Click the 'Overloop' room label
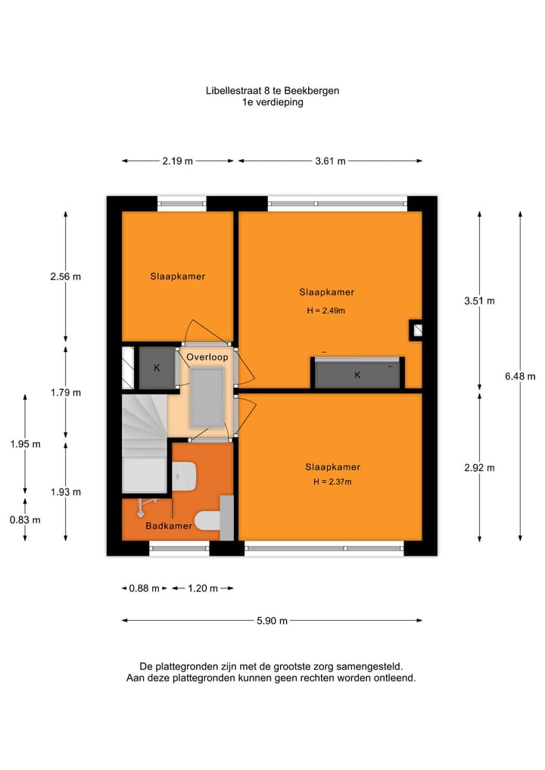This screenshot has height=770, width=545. pyautogui.click(x=207, y=356)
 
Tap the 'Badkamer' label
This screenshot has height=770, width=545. pyautogui.click(x=169, y=525)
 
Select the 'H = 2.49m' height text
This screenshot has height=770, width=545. pyautogui.click(x=326, y=310)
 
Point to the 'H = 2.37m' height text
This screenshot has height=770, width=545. pyautogui.click(x=332, y=482)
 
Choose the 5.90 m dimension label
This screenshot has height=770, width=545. pyautogui.click(x=272, y=621)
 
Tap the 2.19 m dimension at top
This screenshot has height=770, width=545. pyautogui.click(x=177, y=161)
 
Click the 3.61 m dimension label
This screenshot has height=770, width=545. pyautogui.click(x=330, y=161)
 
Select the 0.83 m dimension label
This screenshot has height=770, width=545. pyautogui.click(x=25, y=519)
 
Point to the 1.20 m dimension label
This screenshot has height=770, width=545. pyautogui.click(x=202, y=588)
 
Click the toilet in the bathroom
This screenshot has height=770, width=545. pyautogui.click(x=207, y=519)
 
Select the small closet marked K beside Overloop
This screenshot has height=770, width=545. pyautogui.click(x=157, y=368)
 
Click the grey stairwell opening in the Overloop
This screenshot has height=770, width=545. pyautogui.click(x=206, y=397)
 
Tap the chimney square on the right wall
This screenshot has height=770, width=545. pyautogui.click(x=416, y=329)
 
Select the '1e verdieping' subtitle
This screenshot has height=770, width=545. pyautogui.click(x=272, y=102)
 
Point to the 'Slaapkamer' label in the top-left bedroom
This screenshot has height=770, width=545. pyautogui.click(x=177, y=276)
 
